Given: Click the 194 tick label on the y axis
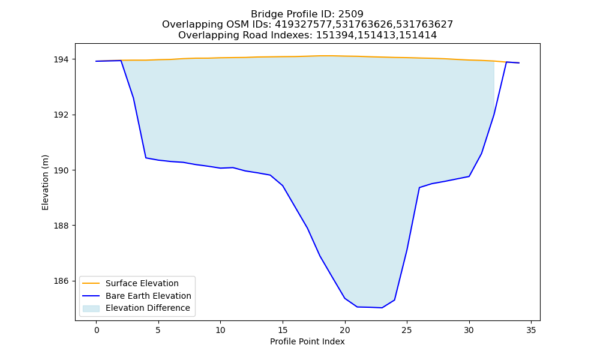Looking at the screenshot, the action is [62, 59].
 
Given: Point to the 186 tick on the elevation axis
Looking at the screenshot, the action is [62, 281].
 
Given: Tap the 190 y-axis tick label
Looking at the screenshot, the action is [62, 170].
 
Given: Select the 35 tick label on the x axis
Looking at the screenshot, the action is [531, 331].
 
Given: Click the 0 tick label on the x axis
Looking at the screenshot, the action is [97, 331].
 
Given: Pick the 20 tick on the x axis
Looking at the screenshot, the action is [345, 331].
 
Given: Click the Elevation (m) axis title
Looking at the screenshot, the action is [45, 182].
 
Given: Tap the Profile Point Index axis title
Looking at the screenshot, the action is [307, 341].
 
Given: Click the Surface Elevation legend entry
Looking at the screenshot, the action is [130, 283].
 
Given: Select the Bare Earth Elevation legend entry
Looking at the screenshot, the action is [137, 296].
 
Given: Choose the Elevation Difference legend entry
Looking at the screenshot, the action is [136, 308].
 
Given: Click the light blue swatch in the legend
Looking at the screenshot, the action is [91, 308].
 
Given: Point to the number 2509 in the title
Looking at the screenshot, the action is [350, 14].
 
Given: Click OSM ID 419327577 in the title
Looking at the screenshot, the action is [304, 25].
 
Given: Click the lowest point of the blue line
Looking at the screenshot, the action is [382, 308].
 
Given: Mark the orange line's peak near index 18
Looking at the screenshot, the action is [320, 56].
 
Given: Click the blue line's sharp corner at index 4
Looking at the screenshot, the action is [146, 158].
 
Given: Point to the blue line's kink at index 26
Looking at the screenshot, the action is [419, 187].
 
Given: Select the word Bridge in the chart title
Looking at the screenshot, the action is [265, 14].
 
